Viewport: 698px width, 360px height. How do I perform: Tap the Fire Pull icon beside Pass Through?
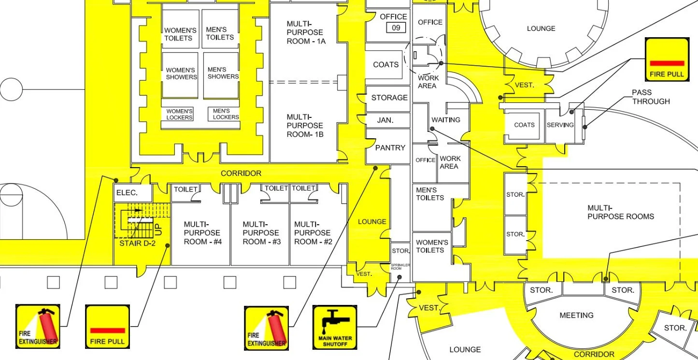pyautogui.click(x=667, y=59)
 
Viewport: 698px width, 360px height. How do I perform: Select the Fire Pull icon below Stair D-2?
pyautogui.click(x=107, y=327)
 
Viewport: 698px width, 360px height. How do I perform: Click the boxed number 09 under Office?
pyautogui.click(x=396, y=28)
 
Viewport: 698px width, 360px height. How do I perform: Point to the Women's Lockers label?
pyautogui.click(x=179, y=115)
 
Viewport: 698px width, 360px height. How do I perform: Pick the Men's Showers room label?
pyautogui.click(x=223, y=73)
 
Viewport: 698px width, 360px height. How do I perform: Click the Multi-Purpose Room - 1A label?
pyautogui.click(x=305, y=32)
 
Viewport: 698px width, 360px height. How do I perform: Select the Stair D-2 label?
pyautogui.click(x=137, y=243)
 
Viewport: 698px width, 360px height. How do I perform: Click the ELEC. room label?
pyautogui.click(x=127, y=192)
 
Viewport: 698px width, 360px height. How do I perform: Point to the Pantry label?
pyautogui.click(x=390, y=148)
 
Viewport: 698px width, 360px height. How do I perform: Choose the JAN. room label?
pyautogui.click(x=385, y=120)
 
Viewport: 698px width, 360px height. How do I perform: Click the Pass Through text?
pyautogui.click(x=651, y=97)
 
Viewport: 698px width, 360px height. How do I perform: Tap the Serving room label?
pyautogui.click(x=560, y=125)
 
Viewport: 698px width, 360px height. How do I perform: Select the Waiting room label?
pyautogui.click(x=446, y=120)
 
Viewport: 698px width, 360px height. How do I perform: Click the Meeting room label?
pyautogui.click(x=576, y=316)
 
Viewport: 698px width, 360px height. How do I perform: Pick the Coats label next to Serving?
pyautogui.click(x=524, y=125)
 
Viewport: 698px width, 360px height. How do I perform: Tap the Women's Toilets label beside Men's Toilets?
pyautogui.click(x=178, y=34)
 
